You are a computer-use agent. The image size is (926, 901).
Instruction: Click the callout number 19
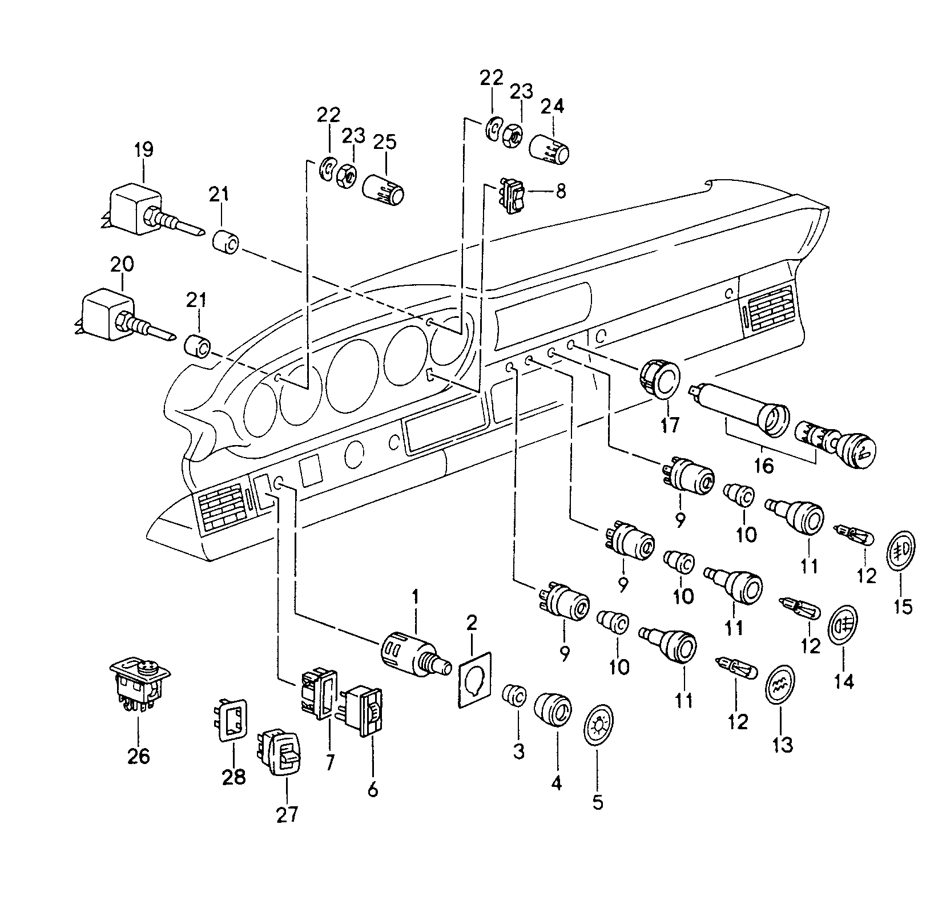point(144,150)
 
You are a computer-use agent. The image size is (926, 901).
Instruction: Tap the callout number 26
point(138,756)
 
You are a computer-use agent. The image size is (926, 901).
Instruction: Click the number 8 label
point(561,191)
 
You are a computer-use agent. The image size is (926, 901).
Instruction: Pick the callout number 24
point(552,107)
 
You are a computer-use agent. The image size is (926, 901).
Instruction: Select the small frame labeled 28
point(233,721)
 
